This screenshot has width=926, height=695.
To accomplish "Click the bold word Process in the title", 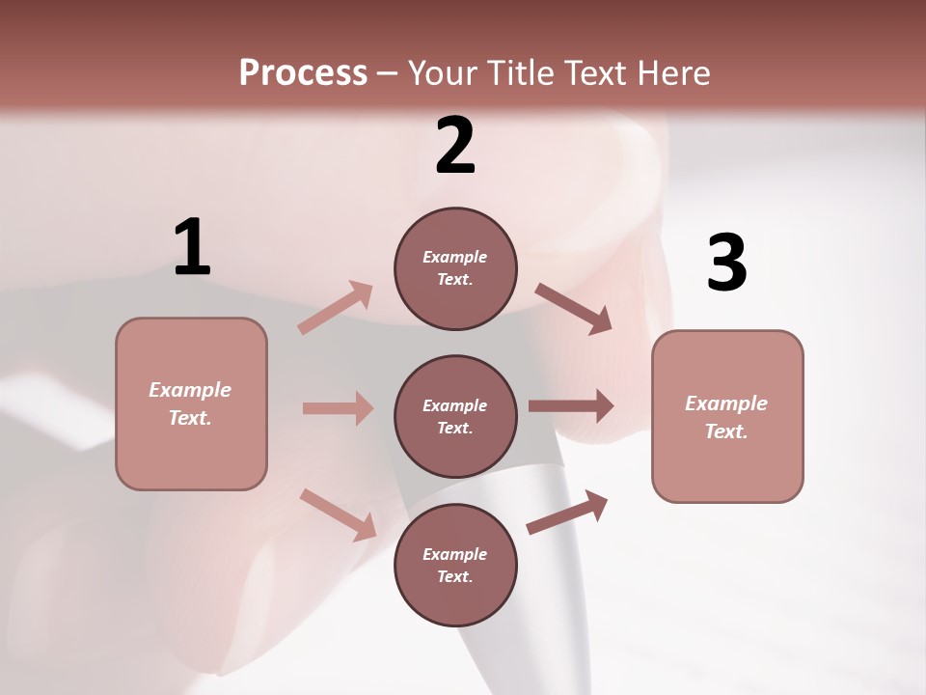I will (x=303, y=73).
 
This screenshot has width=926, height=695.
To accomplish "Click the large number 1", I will (x=192, y=248).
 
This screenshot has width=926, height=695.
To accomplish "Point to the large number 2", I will (x=455, y=146).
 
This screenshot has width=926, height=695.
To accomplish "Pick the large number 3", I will (x=726, y=263).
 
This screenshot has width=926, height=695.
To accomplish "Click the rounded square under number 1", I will (x=191, y=403).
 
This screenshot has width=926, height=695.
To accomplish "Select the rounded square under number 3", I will (x=727, y=417).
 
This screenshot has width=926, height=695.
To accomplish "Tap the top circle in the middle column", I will (x=455, y=268).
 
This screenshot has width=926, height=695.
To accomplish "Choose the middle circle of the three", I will (x=455, y=417).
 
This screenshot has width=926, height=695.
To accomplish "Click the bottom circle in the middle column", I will (x=455, y=566).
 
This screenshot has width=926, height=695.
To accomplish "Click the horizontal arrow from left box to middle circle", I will (x=338, y=408).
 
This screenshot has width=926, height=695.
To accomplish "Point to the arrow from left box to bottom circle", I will (x=338, y=514).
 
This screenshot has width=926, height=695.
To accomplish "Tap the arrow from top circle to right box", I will (x=573, y=308).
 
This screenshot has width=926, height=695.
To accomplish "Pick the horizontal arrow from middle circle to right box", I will (x=571, y=406).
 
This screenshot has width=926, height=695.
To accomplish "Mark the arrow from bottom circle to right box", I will (x=567, y=512).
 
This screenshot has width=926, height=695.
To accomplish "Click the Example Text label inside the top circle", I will (x=455, y=268).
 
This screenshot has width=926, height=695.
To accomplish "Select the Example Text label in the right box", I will (x=726, y=417).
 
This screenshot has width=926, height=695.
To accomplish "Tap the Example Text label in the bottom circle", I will (x=455, y=566).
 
